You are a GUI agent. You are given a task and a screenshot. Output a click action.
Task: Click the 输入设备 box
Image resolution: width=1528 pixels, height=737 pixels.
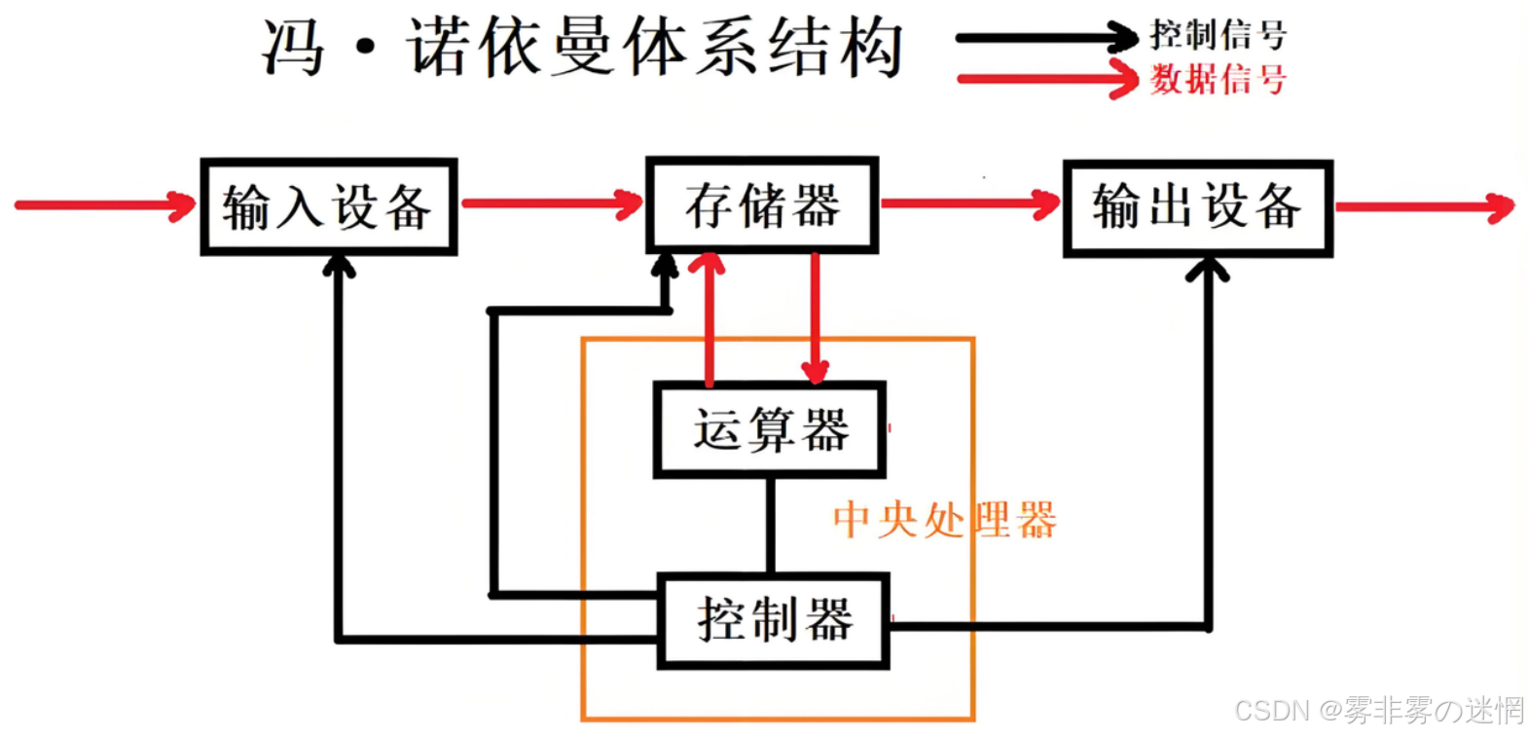click(x=328, y=207)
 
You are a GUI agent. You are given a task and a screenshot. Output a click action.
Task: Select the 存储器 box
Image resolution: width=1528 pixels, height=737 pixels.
click(x=762, y=205)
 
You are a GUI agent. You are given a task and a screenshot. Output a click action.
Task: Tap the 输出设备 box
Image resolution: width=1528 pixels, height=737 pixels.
click(x=1197, y=208)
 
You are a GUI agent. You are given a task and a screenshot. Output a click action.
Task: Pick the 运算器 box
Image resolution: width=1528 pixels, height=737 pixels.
click(x=770, y=429)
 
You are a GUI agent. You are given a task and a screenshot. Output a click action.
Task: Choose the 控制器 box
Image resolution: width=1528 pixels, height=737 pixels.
click(x=774, y=620)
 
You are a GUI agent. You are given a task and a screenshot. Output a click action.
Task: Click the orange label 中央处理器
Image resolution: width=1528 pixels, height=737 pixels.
click(x=943, y=520)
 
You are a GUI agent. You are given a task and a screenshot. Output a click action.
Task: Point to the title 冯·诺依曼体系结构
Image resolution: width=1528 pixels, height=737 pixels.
click(x=582, y=47)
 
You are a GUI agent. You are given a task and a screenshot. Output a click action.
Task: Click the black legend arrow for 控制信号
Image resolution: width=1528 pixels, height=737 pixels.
click(x=1045, y=39)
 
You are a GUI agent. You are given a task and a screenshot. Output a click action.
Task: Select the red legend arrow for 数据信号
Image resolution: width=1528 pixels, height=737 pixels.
click(x=1045, y=79)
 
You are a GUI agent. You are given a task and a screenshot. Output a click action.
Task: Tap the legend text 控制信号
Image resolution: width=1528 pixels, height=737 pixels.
click(x=1218, y=35)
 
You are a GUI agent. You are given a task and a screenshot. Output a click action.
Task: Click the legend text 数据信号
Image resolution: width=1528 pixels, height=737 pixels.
click(x=1218, y=79)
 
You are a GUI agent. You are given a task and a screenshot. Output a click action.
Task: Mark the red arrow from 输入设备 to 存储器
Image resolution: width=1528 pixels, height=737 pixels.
click(x=551, y=203)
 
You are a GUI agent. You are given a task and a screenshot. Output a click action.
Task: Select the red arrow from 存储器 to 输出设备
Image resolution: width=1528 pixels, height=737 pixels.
click(x=969, y=203)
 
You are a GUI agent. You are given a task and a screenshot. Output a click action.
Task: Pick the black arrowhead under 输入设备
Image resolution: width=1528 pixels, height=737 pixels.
click(x=339, y=265)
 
